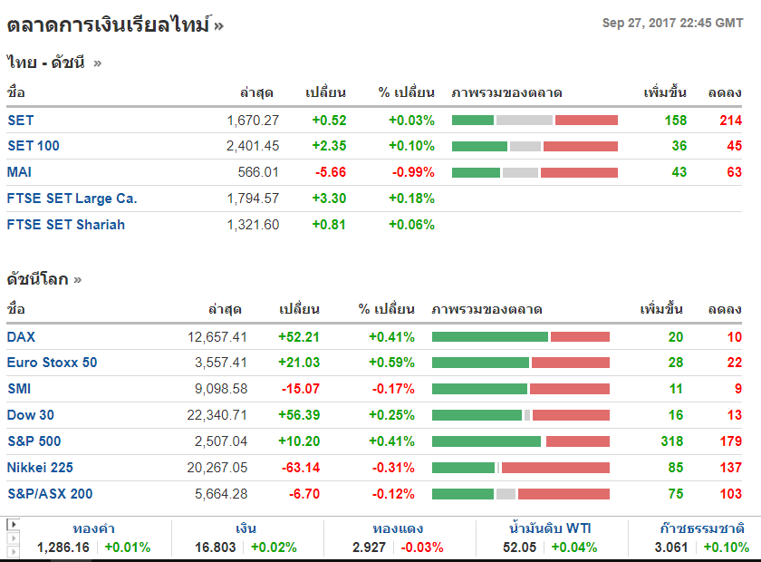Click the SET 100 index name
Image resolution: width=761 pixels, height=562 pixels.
click(x=34, y=146)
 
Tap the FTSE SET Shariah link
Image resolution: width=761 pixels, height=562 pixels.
click(x=66, y=225)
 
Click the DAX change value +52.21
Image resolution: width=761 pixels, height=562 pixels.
click(x=299, y=337)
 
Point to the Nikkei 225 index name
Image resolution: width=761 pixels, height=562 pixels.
click(x=40, y=468)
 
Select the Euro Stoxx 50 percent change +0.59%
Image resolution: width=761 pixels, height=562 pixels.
click(x=391, y=363)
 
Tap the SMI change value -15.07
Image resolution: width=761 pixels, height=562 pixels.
click(x=299, y=389)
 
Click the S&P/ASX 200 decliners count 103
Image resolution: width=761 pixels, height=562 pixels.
click(x=728, y=494)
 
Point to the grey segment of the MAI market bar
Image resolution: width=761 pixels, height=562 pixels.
click(x=520, y=172)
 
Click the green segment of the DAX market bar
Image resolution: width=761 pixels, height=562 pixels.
click(x=490, y=337)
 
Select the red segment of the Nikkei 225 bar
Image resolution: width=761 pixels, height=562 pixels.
click(x=555, y=468)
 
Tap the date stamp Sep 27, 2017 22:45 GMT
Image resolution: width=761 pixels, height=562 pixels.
click(x=672, y=24)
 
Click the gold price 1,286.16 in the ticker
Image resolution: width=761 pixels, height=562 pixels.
click(x=63, y=547)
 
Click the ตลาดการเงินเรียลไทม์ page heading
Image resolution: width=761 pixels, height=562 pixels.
click(x=109, y=24)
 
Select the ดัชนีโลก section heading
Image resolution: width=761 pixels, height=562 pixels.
click(x=38, y=279)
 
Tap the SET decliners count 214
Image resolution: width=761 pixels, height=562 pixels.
click(x=730, y=120)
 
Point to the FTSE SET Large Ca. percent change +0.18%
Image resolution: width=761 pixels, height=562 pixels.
click(x=411, y=199)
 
